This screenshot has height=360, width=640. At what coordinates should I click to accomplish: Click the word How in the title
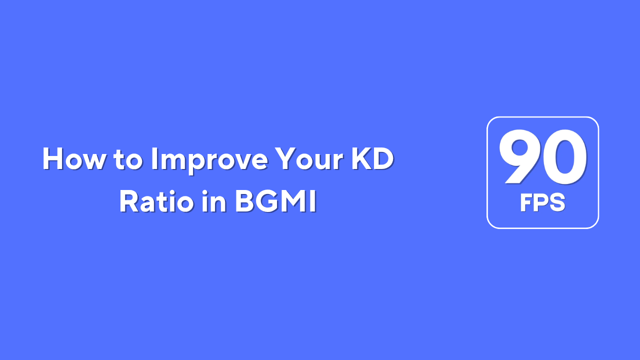73,159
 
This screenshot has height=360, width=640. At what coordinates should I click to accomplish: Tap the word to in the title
128,159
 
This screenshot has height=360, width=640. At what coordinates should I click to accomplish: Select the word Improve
209,160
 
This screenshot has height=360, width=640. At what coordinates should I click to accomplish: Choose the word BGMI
276,201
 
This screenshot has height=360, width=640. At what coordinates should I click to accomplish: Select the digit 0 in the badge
564,157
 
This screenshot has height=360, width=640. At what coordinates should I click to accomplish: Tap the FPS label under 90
542,202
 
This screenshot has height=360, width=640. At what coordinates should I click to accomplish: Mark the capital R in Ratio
129,201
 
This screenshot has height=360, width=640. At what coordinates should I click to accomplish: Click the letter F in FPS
526,202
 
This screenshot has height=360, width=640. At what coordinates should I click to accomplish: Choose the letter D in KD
383,159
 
